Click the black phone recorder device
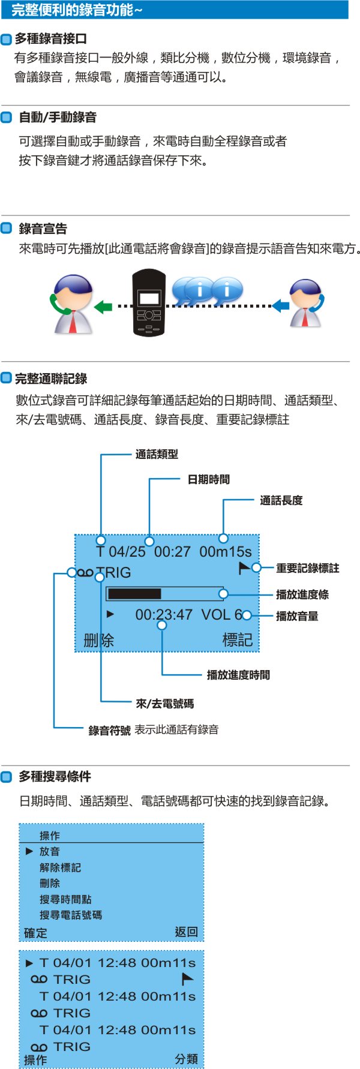click(x=148, y=302)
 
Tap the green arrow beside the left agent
click(x=104, y=307)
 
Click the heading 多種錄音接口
click(x=51, y=39)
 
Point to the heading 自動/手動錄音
click(x=58, y=118)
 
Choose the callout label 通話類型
click(x=157, y=454)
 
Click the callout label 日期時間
click(x=208, y=479)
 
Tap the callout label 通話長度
click(x=281, y=500)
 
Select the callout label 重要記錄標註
click(x=307, y=567)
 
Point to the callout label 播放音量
click(x=297, y=616)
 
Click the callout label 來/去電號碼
click(x=164, y=704)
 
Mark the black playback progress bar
click(x=134, y=594)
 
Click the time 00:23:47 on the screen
click(x=164, y=615)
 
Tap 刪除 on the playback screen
click(x=98, y=640)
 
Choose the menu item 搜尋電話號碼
click(x=70, y=915)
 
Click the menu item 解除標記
click(x=60, y=867)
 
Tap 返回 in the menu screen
click(x=186, y=932)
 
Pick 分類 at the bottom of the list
click(x=186, y=1059)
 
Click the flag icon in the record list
click(x=188, y=979)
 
